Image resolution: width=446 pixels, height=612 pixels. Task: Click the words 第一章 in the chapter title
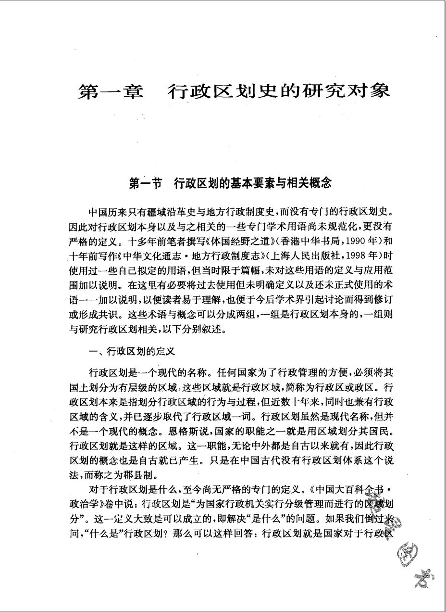111,91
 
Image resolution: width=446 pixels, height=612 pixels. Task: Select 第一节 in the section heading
147,183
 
